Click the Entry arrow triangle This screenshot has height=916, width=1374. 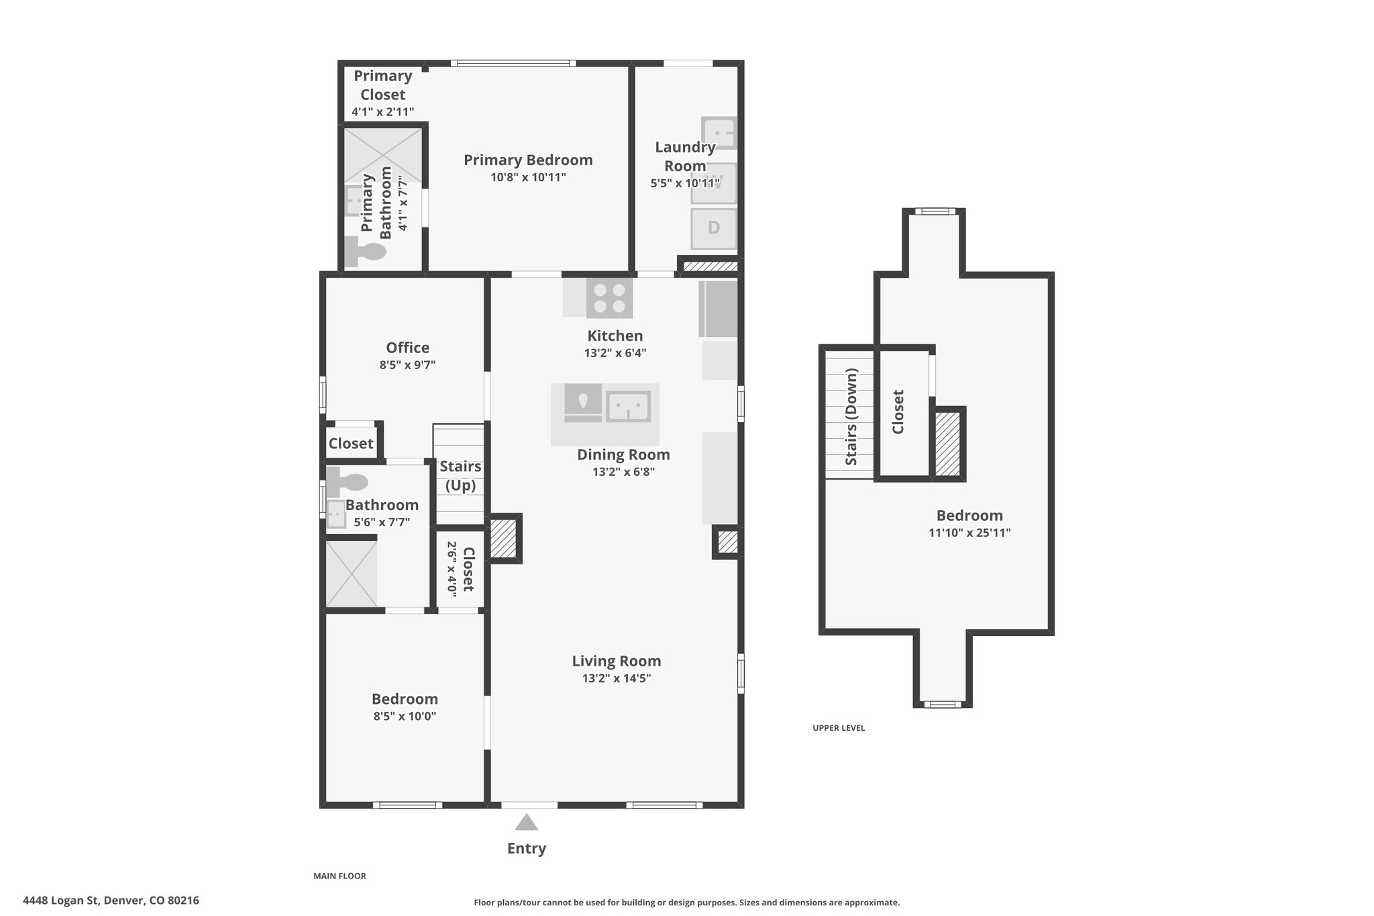point(527,822)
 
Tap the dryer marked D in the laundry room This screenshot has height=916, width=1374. point(714,228)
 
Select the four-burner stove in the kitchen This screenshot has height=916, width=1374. point(609,298)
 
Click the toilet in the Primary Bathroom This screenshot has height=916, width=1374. point(365,252)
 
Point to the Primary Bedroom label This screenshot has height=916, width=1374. point(528,160)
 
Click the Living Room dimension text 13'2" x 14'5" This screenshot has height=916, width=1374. point(617,678)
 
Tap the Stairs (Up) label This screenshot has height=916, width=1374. point(460,476)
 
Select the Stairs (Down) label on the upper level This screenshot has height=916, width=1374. point(851,416)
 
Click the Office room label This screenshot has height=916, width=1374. point(407,348)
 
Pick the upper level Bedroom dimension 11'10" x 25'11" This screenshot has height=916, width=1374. point(969,533)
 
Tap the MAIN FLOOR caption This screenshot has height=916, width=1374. point(339,876)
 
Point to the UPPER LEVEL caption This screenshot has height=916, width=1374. point(839,728)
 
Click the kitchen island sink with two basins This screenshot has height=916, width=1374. point(629,406)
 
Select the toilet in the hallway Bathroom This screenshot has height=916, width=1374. point(348,480)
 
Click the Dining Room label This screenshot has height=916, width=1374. point(623,454)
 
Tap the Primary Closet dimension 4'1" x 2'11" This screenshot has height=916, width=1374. point(382,112)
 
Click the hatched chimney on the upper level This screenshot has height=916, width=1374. point(948,444)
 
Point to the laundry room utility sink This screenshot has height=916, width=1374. point(719,133)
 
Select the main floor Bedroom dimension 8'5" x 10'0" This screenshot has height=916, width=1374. point(405,716)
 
